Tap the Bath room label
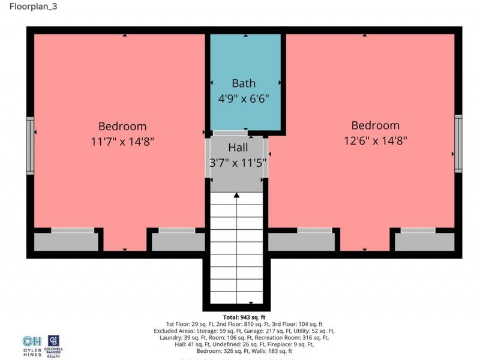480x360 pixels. [x=244, y=83]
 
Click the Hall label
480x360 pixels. [x=238, y=147]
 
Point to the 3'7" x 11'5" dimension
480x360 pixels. [x=238, y=161]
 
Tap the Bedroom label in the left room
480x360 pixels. [x=122, y=127]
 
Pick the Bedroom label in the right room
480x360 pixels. [x=375, y=125]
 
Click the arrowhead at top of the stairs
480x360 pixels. [x=237, y=195]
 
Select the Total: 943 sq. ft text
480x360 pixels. [x=247, y=317]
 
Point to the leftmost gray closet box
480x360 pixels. [x=66, y=242]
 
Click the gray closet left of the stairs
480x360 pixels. [x=178, y=242]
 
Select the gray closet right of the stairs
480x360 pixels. [x=302, y=241]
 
